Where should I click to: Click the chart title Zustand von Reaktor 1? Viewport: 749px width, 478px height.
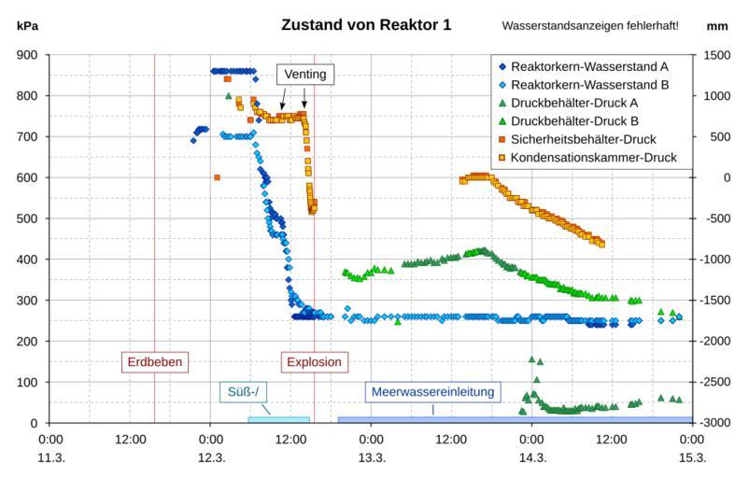point(366,24)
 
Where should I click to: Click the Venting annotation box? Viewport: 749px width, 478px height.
point(304,74)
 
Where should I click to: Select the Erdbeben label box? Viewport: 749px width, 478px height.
point(154,361)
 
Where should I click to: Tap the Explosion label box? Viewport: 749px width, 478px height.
point(314,361)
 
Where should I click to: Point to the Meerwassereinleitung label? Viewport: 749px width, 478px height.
point(432,391)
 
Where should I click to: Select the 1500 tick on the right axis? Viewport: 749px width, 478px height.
point(715,54)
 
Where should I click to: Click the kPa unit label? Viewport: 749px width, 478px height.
point(28,25)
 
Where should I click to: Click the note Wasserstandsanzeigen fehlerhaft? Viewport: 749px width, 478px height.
point(590,25)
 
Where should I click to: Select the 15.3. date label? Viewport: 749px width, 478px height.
point(692,457)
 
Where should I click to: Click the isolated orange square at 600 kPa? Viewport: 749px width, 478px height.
point(217,177)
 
